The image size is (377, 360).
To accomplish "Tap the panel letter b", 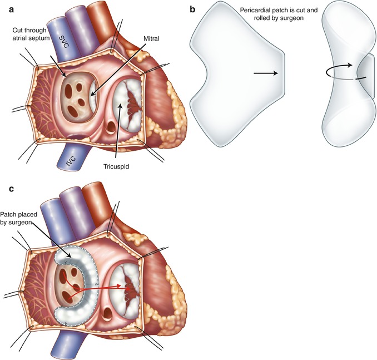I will (193, 9).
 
